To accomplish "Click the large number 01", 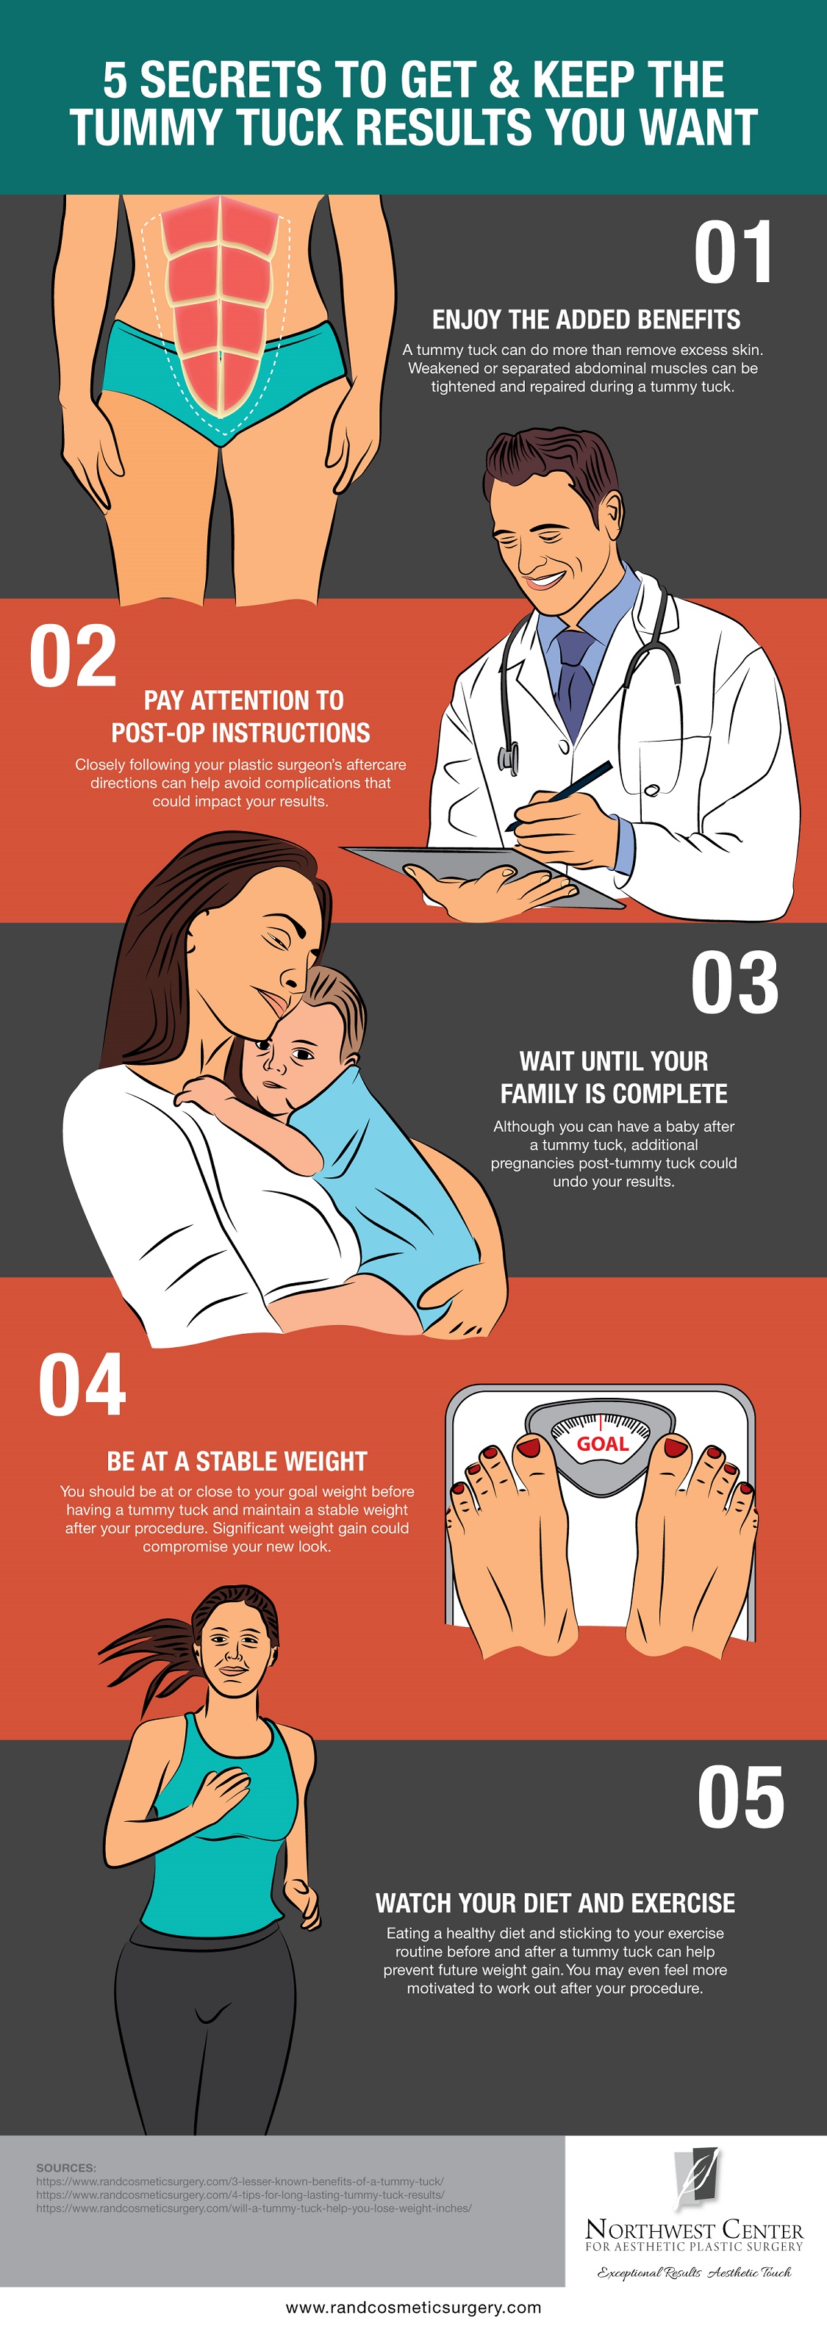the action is coord(732,252).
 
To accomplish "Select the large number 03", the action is coord(735,983).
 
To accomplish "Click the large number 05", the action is coord(741,1797).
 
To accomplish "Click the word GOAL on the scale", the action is coord(602,1444).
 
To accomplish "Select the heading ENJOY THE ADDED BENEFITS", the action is coord(586,320).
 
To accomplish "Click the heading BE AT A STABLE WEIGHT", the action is coord(237,1461).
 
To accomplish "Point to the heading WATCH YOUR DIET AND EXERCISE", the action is coord(555,1903).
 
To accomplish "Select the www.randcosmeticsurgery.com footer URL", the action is coord(413,2307).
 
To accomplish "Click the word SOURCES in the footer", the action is coord(66,2168).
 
